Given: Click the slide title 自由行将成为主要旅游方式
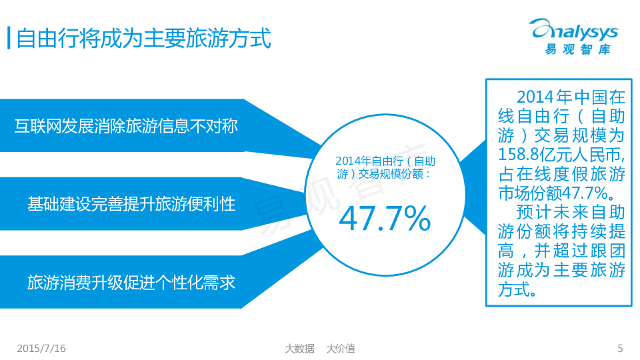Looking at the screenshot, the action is [143, 39].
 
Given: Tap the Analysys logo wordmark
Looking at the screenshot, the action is [573, 31].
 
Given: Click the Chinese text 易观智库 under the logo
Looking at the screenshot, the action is [577, 49].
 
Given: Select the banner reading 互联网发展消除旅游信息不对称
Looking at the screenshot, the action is [126, 126].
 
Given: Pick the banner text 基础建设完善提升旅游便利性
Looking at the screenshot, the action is [131, 204].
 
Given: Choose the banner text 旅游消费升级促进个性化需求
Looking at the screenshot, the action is [131, 283].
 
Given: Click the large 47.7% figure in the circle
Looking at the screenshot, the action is [385, 219].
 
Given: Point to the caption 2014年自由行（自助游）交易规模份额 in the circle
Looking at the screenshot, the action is [385, 168].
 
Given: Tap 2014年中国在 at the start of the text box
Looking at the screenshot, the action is [571, 97].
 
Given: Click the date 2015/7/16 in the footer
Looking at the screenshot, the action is [41, 349].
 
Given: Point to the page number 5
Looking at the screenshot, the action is [620, 349].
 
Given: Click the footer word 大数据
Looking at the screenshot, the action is [299, 349].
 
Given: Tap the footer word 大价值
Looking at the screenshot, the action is [341, 349].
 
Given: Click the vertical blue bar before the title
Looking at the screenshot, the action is [9, 38].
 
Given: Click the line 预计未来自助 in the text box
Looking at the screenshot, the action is [571, 212].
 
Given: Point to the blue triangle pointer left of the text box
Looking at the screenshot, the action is [473, 188].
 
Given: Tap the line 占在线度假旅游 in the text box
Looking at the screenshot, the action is [561, 174].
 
